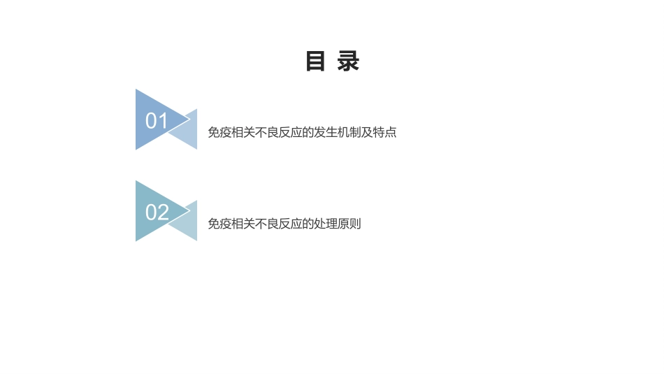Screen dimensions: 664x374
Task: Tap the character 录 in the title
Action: tap(348, 62)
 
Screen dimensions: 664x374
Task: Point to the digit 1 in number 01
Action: tap(162, 121)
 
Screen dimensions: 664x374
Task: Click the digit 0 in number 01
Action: tap(151, 121)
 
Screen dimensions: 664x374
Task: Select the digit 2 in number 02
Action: tap(163, 212)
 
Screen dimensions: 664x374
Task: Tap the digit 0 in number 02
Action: tap(151, 212)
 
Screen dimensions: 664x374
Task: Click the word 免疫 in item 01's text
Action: tap(220, 132)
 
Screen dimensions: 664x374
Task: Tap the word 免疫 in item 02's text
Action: tap(220, 224)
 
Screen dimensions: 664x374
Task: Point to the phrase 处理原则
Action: tap(340, 224)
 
